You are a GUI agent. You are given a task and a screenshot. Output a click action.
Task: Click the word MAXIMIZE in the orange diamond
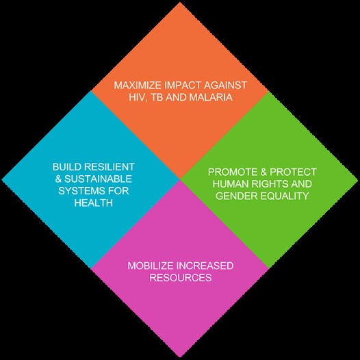138,85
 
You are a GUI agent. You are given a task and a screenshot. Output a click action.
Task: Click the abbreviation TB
157,97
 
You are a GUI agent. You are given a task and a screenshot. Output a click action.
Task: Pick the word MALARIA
211,97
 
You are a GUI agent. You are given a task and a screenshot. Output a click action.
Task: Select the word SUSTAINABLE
98,179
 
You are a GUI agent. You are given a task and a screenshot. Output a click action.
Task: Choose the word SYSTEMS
80,191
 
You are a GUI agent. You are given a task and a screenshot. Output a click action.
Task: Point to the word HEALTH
94,203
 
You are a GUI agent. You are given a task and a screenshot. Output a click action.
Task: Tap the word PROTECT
293,172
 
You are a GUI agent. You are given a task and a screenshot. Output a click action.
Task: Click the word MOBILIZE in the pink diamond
151,266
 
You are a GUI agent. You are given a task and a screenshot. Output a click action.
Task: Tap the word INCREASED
205,266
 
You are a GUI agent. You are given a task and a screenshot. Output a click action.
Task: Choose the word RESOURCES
181,278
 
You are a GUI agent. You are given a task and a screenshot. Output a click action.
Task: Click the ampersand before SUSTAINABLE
58,179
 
